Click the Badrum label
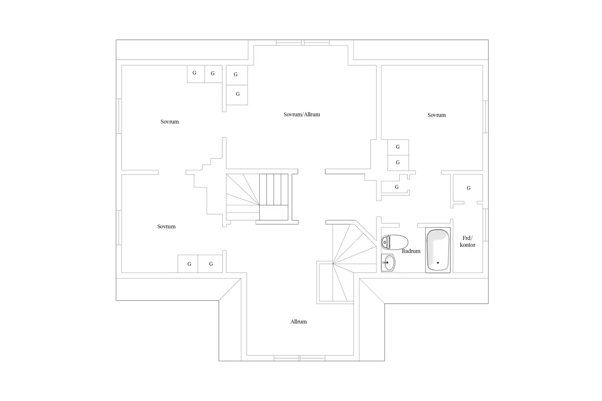coord(411,251)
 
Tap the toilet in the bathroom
coord(394,242)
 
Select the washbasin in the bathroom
coord(388,263)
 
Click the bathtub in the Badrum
coord(438,250)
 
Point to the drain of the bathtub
coord(438,263)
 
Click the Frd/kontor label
coord(467,241)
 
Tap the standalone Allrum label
coord(298,322)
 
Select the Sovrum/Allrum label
coord(302,114)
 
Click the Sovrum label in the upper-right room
coord(436,115)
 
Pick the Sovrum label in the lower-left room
coord(166,226)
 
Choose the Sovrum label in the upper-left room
coord(170,122)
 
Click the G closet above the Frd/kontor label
coord(468,188)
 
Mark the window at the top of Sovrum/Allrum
coord(303,43)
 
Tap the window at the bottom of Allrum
coord(300,358)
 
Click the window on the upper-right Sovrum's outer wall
coord(485,117)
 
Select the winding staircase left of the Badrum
coord(347,262)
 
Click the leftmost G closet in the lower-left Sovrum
coord(188,264)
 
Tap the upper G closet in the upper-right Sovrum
coord(398,147)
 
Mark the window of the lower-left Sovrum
coord(119,227)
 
